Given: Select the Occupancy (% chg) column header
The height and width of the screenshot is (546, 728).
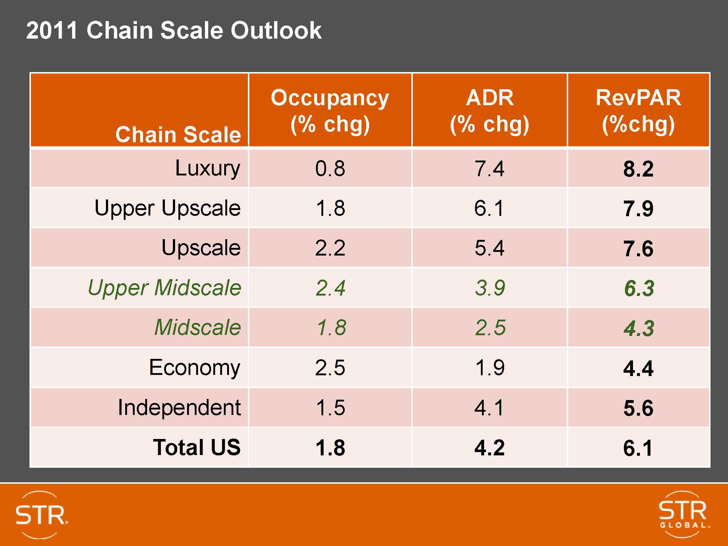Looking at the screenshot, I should coord(330,111).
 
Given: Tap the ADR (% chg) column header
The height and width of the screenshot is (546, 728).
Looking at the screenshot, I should coord(489,111).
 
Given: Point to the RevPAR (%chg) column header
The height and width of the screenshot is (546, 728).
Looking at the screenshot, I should coord(638,111).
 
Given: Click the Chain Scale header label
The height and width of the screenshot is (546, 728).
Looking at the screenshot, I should coord(178,134).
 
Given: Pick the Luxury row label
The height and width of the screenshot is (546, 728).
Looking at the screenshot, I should coord(207,169).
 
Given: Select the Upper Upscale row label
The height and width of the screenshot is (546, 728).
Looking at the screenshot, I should coord(167,208).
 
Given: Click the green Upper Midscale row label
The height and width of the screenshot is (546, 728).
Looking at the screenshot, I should coord(165,288).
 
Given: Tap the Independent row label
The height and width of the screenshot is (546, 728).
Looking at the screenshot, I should coord(179,407).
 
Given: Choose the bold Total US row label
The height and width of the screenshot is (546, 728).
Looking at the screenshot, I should coord(197,447).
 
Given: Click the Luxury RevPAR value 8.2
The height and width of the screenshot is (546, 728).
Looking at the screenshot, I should coord(638,169).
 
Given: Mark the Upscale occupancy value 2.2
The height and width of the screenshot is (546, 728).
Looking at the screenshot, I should coord(330,248).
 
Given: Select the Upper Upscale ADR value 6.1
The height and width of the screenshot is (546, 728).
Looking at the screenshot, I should coord(489,208).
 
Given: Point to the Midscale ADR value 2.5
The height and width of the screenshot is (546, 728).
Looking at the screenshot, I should coord(490,328).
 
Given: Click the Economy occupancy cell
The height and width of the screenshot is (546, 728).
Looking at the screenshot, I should coord(330,368).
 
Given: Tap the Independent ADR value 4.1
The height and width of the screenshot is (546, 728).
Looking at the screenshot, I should coord(489,408).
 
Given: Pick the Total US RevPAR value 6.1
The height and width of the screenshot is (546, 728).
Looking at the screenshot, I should coord(638,448).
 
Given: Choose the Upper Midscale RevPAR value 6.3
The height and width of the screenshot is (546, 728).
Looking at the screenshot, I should coord(639,288).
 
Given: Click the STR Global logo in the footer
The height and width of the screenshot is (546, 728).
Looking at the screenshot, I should coord(683,514).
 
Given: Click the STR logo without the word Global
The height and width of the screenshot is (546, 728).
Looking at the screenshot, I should coord(41,515).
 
